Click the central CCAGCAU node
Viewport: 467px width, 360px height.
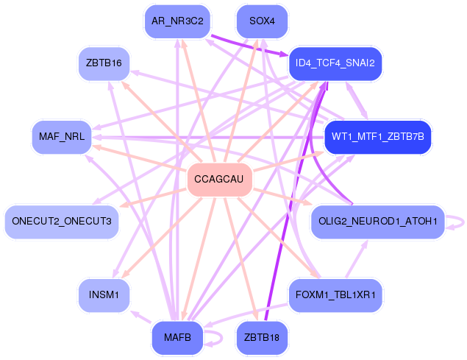[220, 180]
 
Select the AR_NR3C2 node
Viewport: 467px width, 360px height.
[177, 21]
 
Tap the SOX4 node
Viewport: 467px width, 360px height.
[262, 21]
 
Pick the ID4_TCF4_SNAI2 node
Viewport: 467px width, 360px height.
[335, 63]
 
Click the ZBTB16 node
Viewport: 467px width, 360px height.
[104, 63]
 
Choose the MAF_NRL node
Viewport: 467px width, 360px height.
[62, 137]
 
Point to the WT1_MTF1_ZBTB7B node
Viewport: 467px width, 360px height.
[378, 137]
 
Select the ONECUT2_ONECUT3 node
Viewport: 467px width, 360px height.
[62, 222]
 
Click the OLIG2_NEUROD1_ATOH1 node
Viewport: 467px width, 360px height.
[378, 222]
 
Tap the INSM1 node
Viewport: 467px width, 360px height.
[104, 295]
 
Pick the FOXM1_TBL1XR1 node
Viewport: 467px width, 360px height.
[335, 295]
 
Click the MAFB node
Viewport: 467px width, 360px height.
[177, 338]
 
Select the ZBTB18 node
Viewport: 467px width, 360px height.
[262, 338]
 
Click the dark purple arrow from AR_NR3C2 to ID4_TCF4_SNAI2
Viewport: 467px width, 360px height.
[249, 46]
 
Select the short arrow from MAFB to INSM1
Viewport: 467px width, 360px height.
[141, 317]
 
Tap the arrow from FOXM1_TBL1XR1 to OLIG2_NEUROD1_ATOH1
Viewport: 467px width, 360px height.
[357, 258]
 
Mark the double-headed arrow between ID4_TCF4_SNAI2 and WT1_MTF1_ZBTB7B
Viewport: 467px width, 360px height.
[357, 101]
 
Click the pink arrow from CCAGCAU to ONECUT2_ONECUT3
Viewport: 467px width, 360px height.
[154, 198]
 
